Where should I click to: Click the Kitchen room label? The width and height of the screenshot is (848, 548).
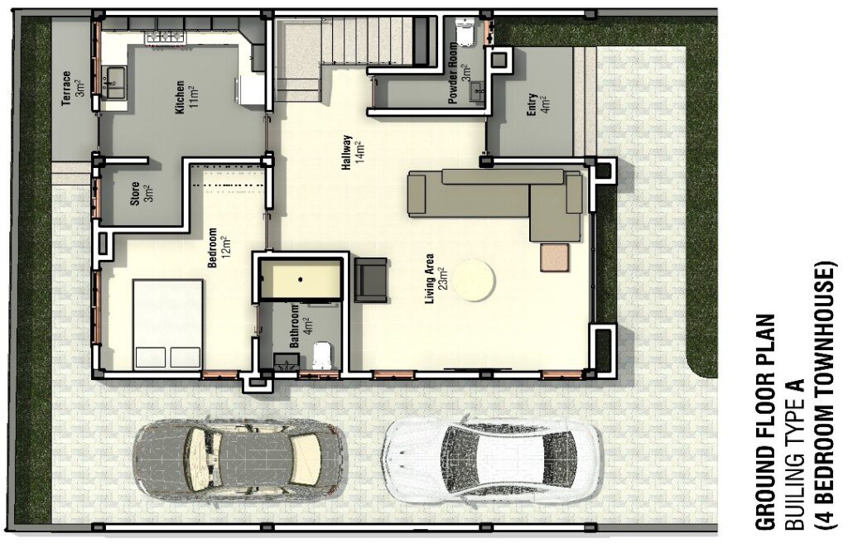(x=180, y=98)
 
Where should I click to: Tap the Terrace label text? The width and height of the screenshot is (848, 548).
(x=66, y=88)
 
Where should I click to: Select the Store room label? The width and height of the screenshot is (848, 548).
(x=135, y=194)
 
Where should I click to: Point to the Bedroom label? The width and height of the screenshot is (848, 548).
(x=212, y=248)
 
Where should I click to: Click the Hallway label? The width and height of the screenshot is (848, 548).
(x=347, y=153)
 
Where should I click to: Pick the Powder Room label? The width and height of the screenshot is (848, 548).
(x=453, y=74)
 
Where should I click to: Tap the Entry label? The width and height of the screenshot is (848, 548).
(x=532, y=104)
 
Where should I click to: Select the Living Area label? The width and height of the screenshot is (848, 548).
(x=431, y=278)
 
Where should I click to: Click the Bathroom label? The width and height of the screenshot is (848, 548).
(x=295, y=326)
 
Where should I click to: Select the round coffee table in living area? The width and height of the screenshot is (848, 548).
(x=473, y=280)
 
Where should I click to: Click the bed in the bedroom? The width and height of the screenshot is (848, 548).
(x=167, y=324)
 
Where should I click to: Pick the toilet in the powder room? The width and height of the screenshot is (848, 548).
(x=465, y=33)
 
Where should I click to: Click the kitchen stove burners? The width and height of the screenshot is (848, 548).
(x=165, y=36)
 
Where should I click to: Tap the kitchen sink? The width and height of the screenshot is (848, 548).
(x=115, y=82)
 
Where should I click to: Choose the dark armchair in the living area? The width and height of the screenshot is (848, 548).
(x=370, y=280)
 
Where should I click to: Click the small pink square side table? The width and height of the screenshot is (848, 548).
(x=554, y=257)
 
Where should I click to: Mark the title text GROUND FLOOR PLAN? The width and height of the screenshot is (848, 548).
(x=764, y=421)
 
